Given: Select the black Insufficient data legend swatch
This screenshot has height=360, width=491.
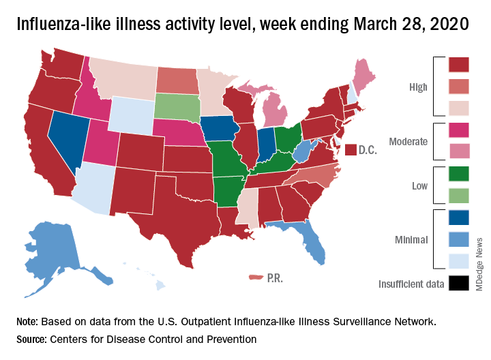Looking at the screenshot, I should point(459,283).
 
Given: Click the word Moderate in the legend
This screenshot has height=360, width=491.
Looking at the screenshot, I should point(408,142).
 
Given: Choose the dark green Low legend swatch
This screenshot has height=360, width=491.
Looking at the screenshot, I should point(459,174).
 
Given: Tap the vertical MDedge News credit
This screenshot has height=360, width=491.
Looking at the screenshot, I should point(479,267).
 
